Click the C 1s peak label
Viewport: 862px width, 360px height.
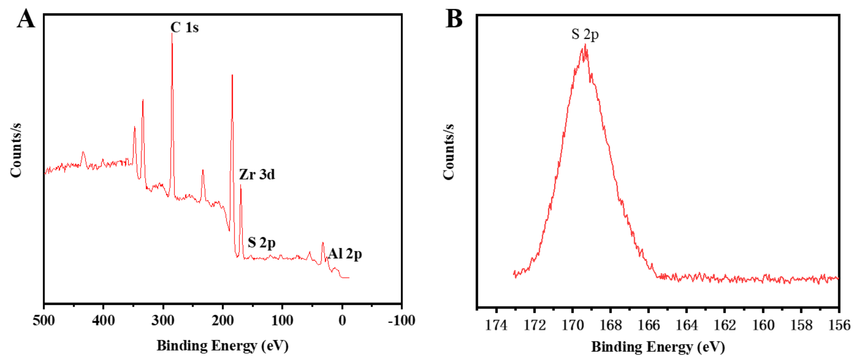(x=184, y=28)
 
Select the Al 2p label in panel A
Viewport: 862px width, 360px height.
(x=345, y=254)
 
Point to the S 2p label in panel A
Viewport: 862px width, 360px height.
(x=261, y=242)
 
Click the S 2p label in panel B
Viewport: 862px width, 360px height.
(x=585, y=34)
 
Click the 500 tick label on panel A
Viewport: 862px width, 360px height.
(x=43, y=321)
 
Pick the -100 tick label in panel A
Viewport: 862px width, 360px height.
(x=401, y=321)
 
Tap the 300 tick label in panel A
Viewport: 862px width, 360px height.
(x=163, y=321)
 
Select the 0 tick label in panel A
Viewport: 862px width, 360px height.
(x=342, y=321)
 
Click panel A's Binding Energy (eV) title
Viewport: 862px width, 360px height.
(x=223, y=345)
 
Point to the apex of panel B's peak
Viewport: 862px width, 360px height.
(x=585, y=45)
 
